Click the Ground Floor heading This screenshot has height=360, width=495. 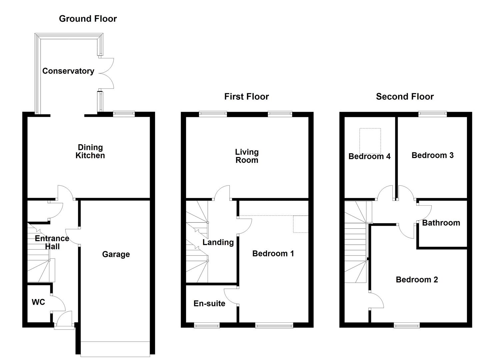[x=88, y=19]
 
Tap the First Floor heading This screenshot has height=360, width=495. [x=247, y=97]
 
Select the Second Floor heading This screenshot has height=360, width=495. [x=405, y=97]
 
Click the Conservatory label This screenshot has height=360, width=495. [x=68, y=71]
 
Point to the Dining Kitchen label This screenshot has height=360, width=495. [x=90, y=151]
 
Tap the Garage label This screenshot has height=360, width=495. [x=116, y=254]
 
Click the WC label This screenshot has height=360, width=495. [x=38, y=302]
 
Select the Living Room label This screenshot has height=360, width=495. [x=247, y=156]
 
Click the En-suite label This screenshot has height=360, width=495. [x=209, y=303]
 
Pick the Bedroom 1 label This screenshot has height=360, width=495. [x=273, y=253]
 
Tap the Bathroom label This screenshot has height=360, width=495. [x=441, y=223]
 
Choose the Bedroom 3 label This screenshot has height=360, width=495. [x=433, y=155]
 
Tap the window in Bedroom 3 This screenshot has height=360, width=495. [x=432, y=114]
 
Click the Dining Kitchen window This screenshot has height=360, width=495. [x=124, y=114]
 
